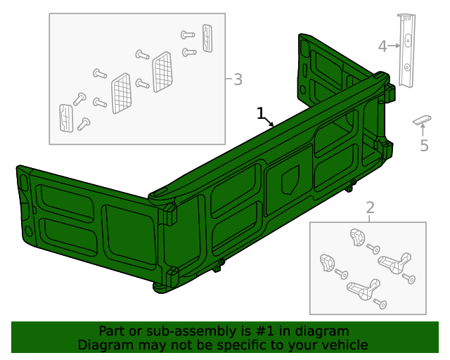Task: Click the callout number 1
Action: click(261, 112)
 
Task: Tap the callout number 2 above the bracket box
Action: click(370, 207)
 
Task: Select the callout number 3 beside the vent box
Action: click(238, 79)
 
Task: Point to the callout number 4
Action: click(382, 46)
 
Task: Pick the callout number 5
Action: click(424, 146)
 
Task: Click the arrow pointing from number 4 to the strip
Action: click(394, 46)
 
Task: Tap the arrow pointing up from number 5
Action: click(423, 130)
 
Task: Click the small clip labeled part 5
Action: click(422, 119)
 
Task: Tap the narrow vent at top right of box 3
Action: click(207, 38)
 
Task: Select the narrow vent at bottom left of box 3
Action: click(65, 117)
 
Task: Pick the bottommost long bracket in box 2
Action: click(363, 288)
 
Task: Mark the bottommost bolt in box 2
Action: click(382, 304)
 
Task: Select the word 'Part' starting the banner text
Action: click(111, 331)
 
